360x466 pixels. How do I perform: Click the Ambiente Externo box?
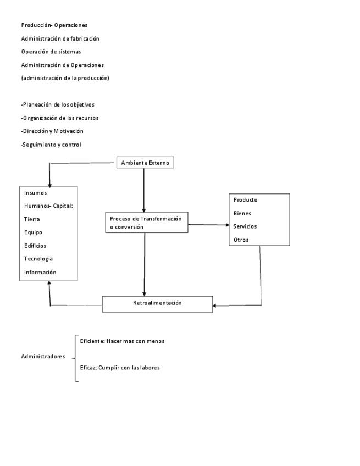[x=146, y=163]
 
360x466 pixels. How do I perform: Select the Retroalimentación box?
[x=157, y=303]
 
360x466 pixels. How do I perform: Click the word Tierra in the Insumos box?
[x=32, y=219]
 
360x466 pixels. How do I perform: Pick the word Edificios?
[x=35, y=246]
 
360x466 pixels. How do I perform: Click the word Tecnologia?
[x=38, y=259]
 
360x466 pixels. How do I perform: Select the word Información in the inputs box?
[x=40, y=272]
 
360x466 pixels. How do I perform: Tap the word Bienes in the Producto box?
[x=242, y=213]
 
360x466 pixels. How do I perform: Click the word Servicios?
[x=245, y=226]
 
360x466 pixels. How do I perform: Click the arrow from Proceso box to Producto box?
[x=208, y=224]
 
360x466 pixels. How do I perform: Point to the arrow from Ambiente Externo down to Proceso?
[x=144, y=190]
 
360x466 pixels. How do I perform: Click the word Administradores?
[x=43, y=356]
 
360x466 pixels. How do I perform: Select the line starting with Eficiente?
[x=122, y=341]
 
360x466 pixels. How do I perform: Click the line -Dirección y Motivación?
[x=52, y=131]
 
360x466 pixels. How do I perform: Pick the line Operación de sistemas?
[x=51, y=52]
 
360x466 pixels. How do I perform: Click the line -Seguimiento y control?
[x=51, y=145]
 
